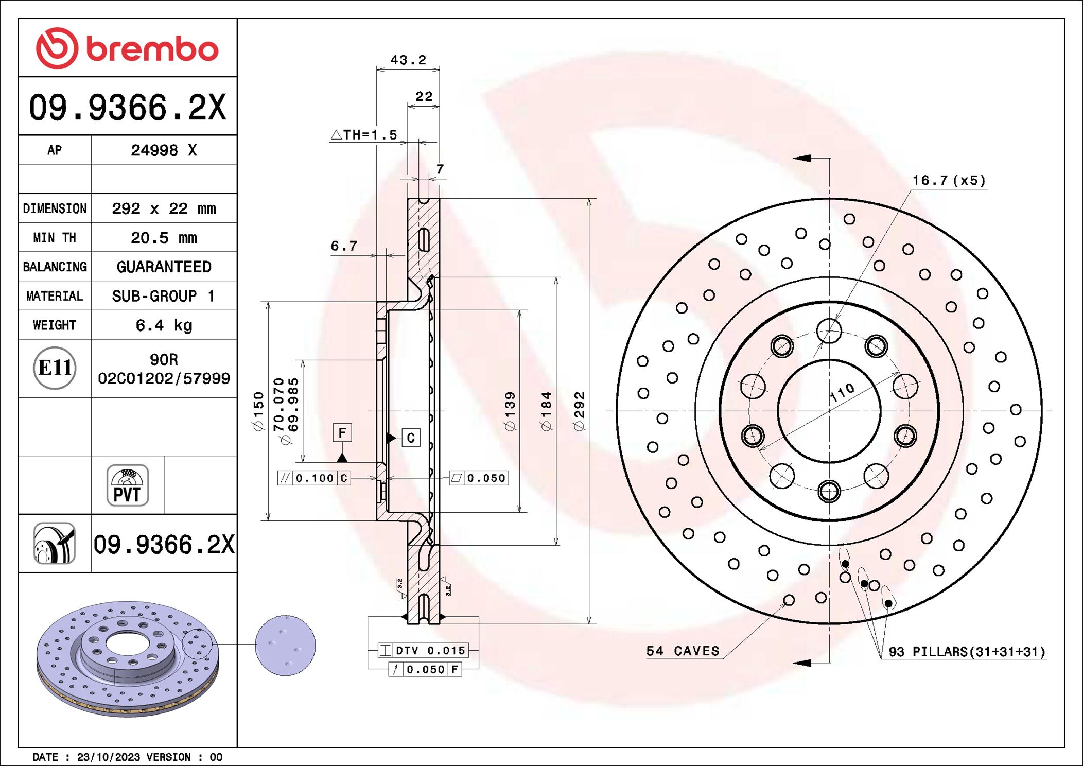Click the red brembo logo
127,48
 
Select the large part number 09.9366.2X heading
127,107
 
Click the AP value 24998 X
164,150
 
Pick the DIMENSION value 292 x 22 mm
164,208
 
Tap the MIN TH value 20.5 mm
164,238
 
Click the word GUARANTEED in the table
164,267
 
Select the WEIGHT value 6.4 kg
164,325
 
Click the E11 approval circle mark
55,368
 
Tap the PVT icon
127,485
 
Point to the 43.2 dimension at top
408,60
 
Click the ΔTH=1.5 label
364,135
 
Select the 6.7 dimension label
344,246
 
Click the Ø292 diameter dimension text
579,411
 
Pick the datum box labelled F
342,433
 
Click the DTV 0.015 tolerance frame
423,650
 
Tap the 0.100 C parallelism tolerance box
314,478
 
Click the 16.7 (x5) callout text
949,181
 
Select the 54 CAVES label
683,651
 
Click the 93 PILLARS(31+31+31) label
967,652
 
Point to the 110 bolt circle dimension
842,393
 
